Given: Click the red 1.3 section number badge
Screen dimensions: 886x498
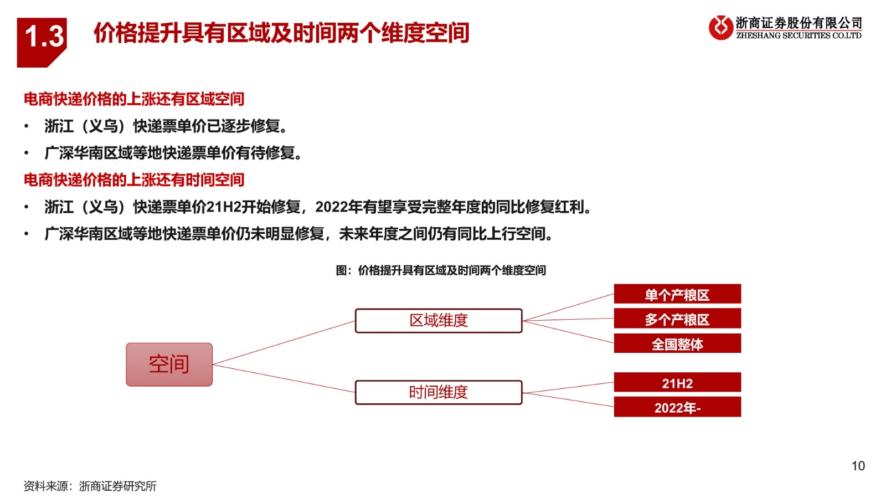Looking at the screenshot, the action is [x=42, y=42].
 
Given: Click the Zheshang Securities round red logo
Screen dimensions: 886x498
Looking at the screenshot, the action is [x=720, y=28].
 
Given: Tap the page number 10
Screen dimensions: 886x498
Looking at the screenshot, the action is [x=858, y=466].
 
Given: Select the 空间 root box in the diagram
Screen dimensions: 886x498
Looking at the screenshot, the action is [x=169, y=364].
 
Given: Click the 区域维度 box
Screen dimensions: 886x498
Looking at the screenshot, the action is [x=439, y=320].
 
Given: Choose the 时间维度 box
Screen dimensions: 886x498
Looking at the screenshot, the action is [x=439, y=392].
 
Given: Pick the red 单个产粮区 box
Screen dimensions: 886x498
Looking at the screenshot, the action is [x=677, y=294].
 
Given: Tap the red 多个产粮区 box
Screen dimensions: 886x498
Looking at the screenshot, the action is [x=677, y=319].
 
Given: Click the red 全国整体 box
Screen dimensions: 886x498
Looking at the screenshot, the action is [x=677, y=343].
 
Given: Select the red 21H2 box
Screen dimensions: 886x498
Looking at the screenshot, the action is [x=677, y=382].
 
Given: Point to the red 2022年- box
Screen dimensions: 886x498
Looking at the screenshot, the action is [x=677, y=407].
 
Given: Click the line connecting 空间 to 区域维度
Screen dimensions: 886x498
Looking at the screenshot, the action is [x=284, y=342].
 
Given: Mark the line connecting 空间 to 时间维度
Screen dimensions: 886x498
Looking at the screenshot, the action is [x=284, y=378].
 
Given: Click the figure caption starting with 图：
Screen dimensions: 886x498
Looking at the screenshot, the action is [x=441, y=270].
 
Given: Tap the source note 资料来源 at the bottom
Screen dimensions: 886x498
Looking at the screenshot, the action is [x=90, y=486].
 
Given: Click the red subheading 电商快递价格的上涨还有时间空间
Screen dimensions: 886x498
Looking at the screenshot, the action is [x=134, y=180].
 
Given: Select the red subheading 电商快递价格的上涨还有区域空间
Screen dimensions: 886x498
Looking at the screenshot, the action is [x=134, y=99].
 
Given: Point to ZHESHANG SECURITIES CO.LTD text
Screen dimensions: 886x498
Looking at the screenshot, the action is [x=799, y=35].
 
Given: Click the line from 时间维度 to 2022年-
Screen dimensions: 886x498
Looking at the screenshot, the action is [x=568, y=399].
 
